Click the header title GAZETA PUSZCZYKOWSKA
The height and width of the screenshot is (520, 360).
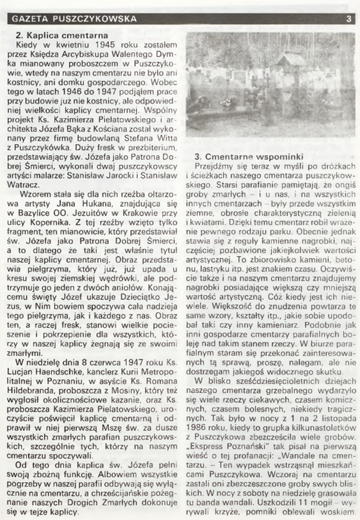point(74,19)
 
